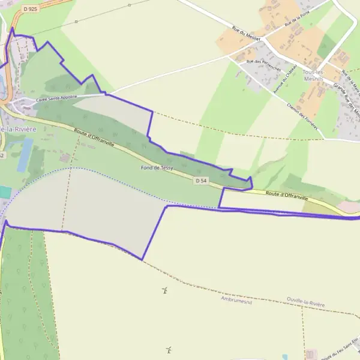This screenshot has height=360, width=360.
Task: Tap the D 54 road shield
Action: click(x=200, y=180)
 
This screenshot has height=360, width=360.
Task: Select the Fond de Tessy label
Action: click(x=157, y=168)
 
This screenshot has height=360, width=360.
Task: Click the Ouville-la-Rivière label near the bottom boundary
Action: click(x=305, y=304)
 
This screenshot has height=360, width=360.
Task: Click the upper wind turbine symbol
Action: click(x=163, y=291)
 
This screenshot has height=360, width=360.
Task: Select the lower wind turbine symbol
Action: click(x=169, y=349)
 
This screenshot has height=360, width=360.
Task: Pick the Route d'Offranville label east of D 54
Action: click(x=287, y=195)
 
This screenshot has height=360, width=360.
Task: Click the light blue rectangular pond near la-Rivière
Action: click(x=25, y=154)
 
